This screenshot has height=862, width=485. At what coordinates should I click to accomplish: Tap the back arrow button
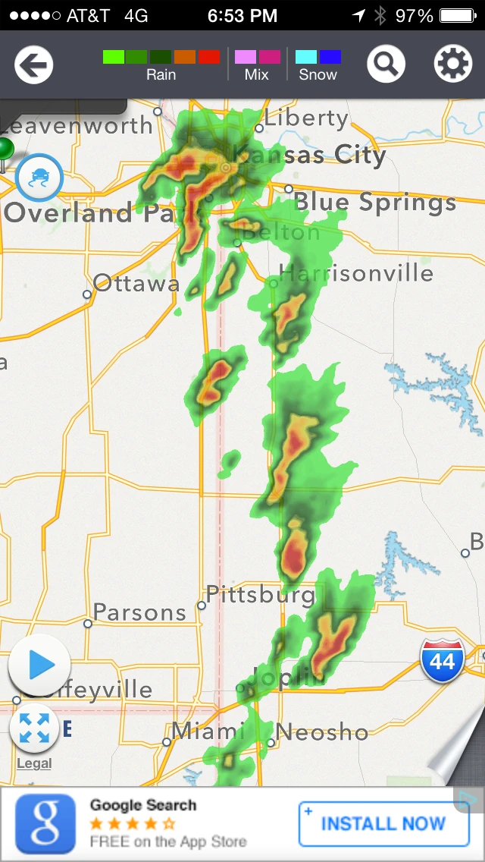(x=33, y=64)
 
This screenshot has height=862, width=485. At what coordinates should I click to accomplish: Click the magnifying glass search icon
(x=386, y=64)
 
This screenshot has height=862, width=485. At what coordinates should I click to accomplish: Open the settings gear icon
(x=453, y=64)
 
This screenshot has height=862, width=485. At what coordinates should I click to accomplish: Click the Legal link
(x=34, y=763)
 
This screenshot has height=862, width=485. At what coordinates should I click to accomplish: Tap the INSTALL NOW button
(x=383, y=823)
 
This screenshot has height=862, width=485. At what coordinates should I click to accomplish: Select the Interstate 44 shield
(x=443, y=661)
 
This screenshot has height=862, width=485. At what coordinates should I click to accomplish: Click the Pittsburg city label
(x=261, y=594)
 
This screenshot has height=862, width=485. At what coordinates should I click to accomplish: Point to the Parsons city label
(x=139, y=612)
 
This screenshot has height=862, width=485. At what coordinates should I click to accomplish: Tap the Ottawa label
(x=136, y=284)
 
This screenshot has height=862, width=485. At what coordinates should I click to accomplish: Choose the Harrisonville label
(x=356, y=272)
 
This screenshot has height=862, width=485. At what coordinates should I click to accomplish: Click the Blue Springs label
(x=375, y=202)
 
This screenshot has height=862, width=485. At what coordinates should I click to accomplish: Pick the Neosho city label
(x=322, y=732)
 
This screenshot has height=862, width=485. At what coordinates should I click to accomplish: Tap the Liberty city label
(x=306, y=118)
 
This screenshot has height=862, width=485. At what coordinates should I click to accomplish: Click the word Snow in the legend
(x=318, y=74)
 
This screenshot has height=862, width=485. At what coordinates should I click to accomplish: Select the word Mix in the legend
(x=257, y=74)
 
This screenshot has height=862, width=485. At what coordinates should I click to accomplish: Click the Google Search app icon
(x=45, y=823)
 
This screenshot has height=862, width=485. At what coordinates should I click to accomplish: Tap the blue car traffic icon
(x=39, y=177)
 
